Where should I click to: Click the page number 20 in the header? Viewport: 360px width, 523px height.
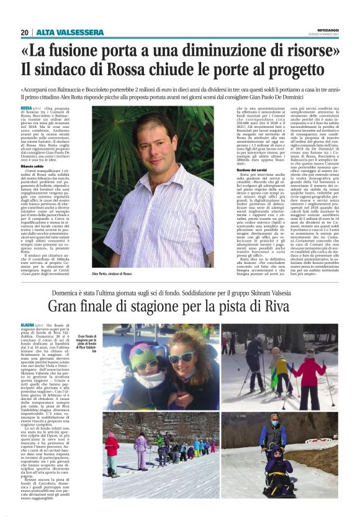tap(25, 32)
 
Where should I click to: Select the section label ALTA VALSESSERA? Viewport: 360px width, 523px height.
tap(61, 32)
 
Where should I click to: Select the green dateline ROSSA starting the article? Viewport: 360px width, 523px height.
tap(26, 109)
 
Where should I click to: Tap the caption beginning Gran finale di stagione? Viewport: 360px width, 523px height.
tap(86, 342)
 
